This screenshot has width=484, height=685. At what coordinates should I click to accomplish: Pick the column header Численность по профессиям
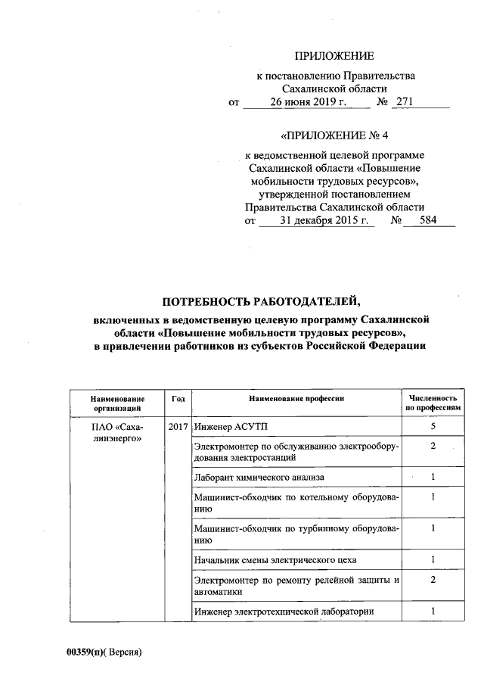coord(433,403)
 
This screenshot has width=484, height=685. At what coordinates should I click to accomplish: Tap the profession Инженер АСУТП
coord(226,427)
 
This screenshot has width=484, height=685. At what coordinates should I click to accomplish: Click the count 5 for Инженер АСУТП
coord(433,427)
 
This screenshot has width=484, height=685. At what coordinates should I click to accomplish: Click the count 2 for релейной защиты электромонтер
coord(433,580)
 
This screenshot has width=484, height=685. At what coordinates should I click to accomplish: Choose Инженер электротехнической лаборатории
coord(284,612)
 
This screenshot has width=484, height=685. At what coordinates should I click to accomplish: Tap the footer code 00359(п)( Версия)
coord(104,652)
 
